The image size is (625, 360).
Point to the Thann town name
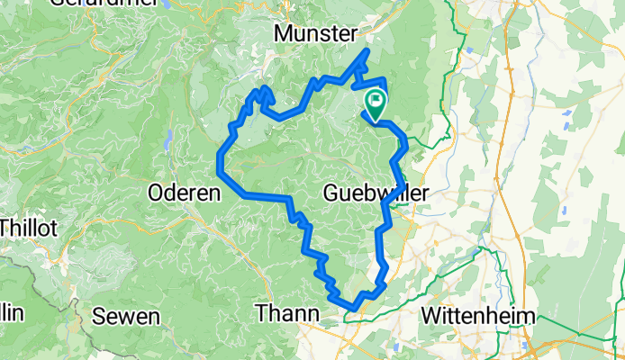[287, 313]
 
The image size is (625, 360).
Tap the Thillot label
[27, 228]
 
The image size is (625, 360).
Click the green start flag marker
[376, 102]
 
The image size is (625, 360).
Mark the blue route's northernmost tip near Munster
[367, 51]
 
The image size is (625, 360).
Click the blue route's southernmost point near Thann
[353, 310]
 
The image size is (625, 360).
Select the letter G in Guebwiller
[330, 192]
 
